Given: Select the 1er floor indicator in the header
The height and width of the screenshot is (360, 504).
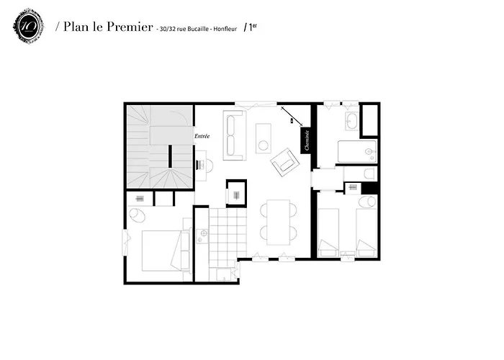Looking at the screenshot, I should pyautogui.click(x=251, y=27).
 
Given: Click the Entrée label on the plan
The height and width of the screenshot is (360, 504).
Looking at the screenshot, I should pyautogui.click(x=202, y=136).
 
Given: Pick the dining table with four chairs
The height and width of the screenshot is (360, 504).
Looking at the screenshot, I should pyautogui.click(x=277, y=221).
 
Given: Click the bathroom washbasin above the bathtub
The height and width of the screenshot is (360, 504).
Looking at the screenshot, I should pyautogui.click(x=351, y=120).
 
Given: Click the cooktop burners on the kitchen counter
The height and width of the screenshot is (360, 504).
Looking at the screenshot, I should pyautogui.click(x=202, y=233).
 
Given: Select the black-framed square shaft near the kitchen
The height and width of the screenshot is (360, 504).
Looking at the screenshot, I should pyautogui.click(x=236, y=192).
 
